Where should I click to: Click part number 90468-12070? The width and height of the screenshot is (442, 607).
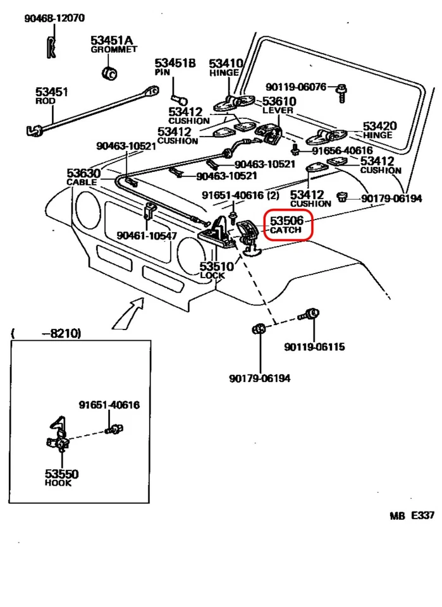click(x=54, y=19)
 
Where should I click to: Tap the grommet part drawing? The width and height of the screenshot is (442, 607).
click(x=110, y=71)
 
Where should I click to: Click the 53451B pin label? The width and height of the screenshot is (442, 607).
click(x=175, y=67)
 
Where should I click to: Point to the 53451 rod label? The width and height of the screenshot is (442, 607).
click(x=52, y=96)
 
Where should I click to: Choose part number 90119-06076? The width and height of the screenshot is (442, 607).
click(x=295, y=87)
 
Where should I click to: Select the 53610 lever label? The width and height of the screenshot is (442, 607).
click(x=279, y=105)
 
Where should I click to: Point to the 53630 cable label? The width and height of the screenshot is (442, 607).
click(x=82, y=176)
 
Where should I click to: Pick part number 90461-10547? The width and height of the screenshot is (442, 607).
click(x=146, y=236)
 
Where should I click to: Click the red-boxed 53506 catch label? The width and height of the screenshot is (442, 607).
click(x=287, y=225)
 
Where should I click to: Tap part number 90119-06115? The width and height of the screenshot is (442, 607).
click(x=314, y=346)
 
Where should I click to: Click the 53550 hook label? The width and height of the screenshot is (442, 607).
click(x=61, y=477)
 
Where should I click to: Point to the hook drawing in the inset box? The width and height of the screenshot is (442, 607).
click(x=58, y=436)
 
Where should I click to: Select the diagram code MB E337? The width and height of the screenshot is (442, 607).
click(x=412, y=515)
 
